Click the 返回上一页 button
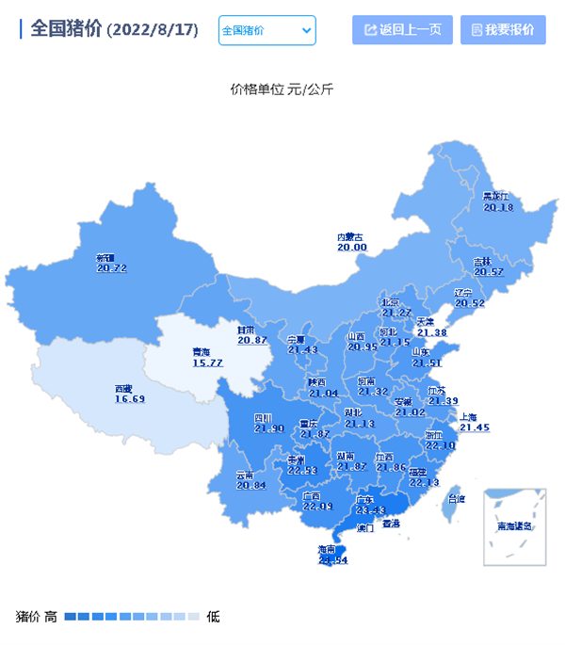tap(402, 30)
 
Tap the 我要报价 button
tap(503, 30)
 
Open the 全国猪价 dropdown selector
tap(266, 30)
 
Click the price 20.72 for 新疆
tap(111, 268)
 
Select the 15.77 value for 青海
tap(207, 363)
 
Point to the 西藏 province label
tap(124, 388)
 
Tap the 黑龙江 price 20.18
tap(498, 207)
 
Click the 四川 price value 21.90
tap(268, 429)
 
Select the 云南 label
tap(245, 475)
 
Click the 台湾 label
tap(456, 499)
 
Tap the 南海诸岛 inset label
tap(515, 526)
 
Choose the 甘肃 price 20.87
tap(251, 340)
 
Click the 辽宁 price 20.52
tap(469, 303)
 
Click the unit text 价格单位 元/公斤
tap(282, 90)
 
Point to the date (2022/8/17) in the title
tap(153, 30)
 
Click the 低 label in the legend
tap(214, 617)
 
